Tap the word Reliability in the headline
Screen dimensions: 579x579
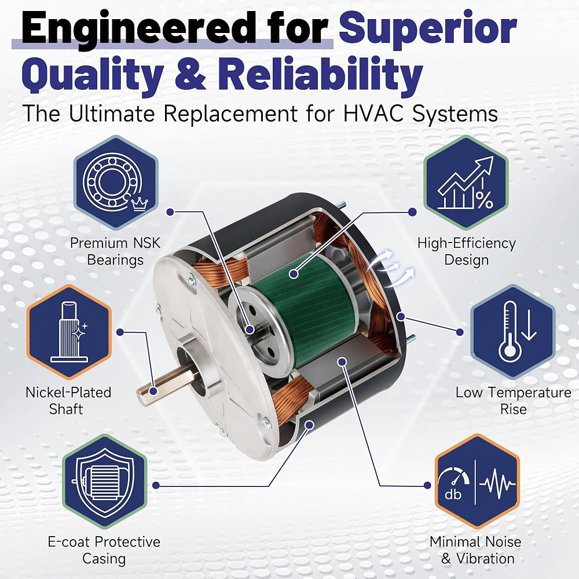pyautogui.click(x=321, y=74)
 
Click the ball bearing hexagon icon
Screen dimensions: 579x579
pyautogui.click(x=116, y=182)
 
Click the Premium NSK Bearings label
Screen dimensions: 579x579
pyautogui.click(x=115, y=251)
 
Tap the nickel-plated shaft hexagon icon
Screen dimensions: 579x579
pyautogui.click(x=69, y=332)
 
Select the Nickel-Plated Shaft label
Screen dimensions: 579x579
pyautogui.click(x=68, y=401)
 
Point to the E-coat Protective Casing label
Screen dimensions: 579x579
pyautogui.click(x=104, y=550)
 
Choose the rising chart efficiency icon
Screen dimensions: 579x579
pyautogui.click(x=466, y=182)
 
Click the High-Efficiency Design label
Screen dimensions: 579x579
pyautogui.click(x=466, y=251)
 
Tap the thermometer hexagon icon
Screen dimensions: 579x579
pyautogui.click(x=513, y=332)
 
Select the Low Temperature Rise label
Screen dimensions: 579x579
pyautogui.click(x=513, y=401)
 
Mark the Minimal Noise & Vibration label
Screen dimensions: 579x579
pyautogui.click(x=475, y=550)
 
